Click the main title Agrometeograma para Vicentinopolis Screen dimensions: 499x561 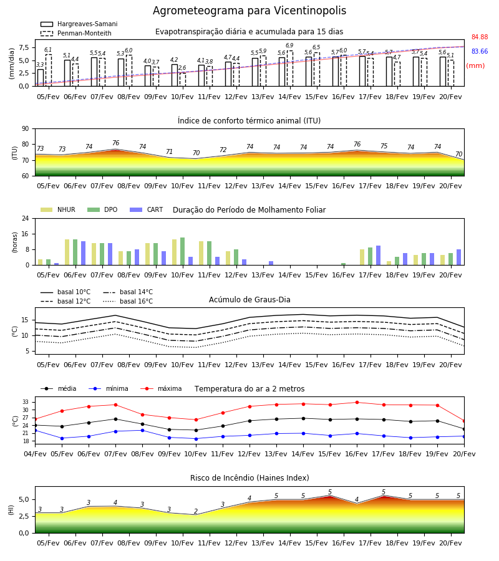coord(249,11)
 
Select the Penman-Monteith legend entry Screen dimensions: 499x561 coord(76,33)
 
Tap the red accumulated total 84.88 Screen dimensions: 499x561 coord(480,37)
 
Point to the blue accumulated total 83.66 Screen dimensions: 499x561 coord(480,51)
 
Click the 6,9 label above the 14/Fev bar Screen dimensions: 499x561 coord(289,46)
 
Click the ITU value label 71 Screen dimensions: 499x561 coord(169,151)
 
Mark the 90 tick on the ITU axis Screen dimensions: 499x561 coord(26,129)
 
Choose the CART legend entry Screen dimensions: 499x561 coord(147,209)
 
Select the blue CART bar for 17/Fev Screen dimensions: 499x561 coord(378,256)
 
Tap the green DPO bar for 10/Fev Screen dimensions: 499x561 coord(182,252)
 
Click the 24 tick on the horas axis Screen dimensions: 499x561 coord(26,218)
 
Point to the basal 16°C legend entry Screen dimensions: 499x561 coord(128,301)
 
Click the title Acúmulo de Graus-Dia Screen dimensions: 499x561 coord(249,299)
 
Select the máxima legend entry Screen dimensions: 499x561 coord(161,388)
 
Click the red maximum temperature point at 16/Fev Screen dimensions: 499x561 coord(357,403)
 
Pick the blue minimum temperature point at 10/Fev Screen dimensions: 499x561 coord(196,439)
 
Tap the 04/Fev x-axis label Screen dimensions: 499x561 coord(35,454)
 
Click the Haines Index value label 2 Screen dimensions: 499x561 coord(196,511)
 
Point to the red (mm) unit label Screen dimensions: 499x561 coord(475,66)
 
